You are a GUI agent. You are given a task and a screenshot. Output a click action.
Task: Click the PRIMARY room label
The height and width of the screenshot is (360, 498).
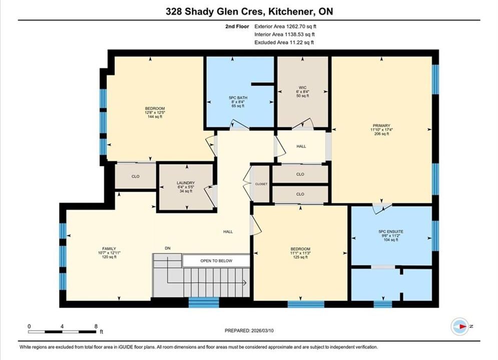(381, 125)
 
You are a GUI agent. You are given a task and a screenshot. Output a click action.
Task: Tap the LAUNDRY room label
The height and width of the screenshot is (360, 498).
(186, 183)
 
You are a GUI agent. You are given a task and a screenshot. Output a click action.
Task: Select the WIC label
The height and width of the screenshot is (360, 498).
(302, 87)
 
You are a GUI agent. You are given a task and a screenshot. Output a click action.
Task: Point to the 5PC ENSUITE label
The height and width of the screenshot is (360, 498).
(391, 231)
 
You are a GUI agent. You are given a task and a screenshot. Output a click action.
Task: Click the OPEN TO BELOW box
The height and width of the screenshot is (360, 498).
(216, 260)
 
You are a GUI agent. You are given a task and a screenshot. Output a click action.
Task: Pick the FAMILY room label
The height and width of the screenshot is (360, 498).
(109, 248)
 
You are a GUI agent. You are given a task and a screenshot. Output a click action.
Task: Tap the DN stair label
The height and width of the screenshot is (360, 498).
(168, 248)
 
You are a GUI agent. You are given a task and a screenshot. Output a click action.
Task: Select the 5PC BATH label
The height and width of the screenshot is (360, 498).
(238, 97)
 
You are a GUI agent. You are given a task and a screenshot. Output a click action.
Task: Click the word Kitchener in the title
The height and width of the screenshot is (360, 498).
(289, 11)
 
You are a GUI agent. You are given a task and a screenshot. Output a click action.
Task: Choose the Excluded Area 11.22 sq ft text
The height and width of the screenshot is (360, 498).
(284, 42)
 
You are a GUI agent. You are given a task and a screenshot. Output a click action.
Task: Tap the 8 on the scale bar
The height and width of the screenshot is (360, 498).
(96, 326)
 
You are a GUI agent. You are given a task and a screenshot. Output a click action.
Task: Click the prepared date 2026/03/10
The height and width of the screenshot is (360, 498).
(262, 330)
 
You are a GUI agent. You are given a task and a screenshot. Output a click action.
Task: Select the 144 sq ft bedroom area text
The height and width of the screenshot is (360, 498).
(155, 116)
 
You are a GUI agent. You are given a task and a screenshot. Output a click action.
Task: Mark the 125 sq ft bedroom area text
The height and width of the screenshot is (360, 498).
(300, 257)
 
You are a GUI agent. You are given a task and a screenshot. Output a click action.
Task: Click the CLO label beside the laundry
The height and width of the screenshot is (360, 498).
(136, 176)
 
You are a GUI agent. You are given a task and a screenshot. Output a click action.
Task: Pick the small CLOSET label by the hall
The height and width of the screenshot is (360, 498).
(261, 184)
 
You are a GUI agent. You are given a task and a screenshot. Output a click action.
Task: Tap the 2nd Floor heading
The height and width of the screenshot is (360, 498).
(237, 26)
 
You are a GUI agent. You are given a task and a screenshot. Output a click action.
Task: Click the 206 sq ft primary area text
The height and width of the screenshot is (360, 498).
(381, 134)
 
